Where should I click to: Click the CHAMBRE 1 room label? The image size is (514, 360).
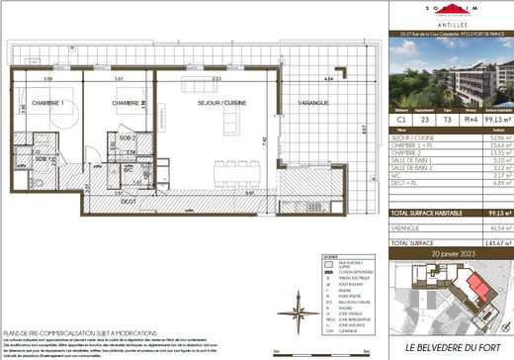point(47,103)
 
